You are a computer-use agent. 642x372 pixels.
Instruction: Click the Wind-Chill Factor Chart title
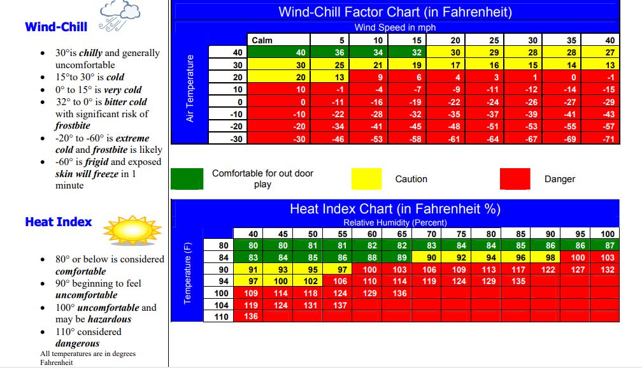[395, 12]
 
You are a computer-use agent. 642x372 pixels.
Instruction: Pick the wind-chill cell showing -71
[601, 139]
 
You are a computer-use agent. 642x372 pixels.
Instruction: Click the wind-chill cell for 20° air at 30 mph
[524, 77]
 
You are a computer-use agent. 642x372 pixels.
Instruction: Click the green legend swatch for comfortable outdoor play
[187, 178]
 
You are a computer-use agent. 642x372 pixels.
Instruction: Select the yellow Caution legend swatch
[366, 178]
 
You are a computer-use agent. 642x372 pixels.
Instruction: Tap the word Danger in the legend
[560, 179]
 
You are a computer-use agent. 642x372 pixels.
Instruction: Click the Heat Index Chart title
[395, 209]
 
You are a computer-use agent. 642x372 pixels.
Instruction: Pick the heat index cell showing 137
[338, 305]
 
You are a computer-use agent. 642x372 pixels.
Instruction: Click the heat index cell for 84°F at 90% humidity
[545, 257]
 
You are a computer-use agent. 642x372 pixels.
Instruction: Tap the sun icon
[132, 230]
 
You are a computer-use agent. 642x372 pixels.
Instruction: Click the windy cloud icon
[119, 16]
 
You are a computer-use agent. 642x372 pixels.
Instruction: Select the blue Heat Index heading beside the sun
[59, 222]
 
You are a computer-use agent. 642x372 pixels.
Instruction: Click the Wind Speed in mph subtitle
[395, 27]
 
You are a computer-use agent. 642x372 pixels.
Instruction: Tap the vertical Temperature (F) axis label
[187, 273]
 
